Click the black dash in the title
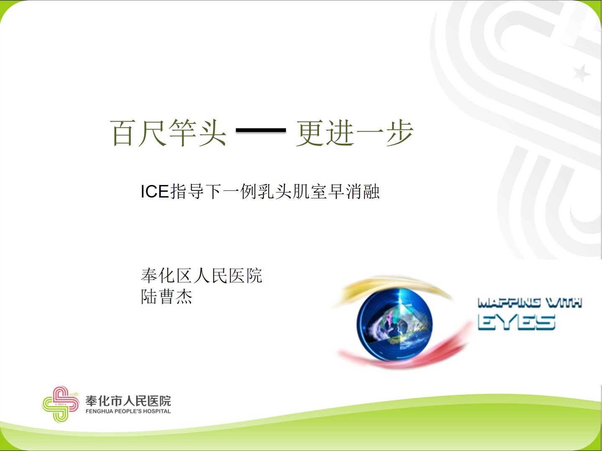261,130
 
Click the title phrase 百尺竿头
168,133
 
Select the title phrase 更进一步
355,133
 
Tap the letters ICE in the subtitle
155,191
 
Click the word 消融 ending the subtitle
362,191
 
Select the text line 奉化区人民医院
202,276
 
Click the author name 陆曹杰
166,296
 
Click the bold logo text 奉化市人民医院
128,401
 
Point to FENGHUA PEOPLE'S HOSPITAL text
128,411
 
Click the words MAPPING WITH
530,303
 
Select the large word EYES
516,322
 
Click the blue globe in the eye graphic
394,324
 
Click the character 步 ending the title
400,133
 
